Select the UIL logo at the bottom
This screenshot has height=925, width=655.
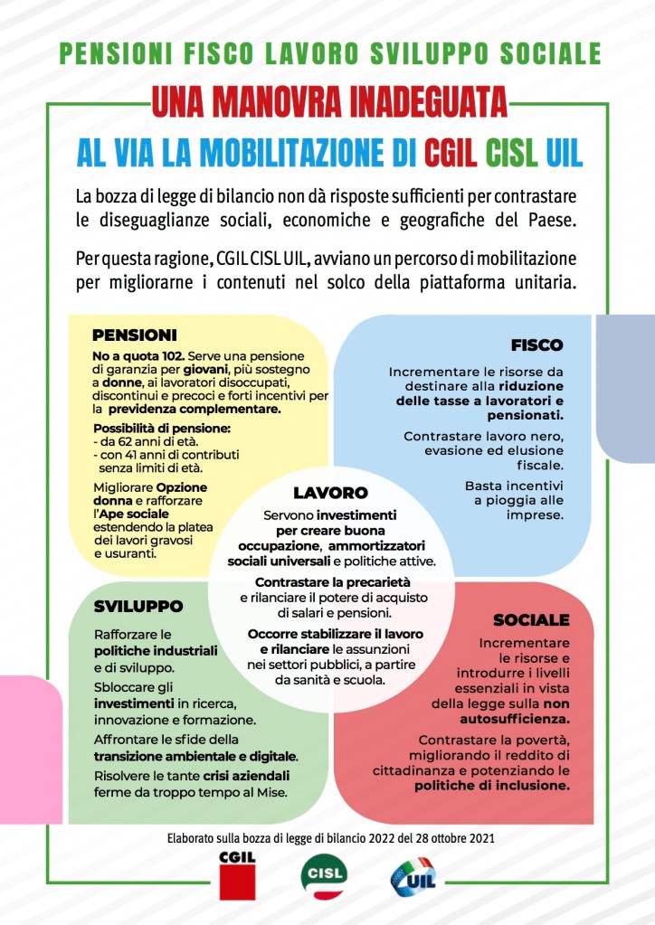[x=412, y=876]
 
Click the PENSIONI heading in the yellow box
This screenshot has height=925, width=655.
[x=134, y=335]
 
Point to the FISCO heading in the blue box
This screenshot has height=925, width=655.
[x=536, y=345]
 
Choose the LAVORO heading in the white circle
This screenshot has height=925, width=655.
[x=330, y=494]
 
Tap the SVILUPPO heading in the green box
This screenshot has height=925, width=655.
[x=138, y=606]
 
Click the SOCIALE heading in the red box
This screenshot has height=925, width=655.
[x=531, y=620]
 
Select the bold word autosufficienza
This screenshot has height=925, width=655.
[x=525, y=720]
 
